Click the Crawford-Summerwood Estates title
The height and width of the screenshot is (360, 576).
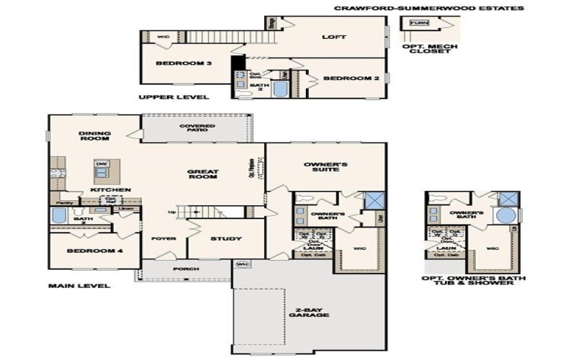[x=428, y=9]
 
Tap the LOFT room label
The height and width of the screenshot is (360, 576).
[x=333, y=37]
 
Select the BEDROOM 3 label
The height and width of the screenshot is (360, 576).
[x=184, y=63]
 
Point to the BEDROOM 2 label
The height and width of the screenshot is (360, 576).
[x=351, y=78]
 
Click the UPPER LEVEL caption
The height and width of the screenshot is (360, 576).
[x=174, y=96]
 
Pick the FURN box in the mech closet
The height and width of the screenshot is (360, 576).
[x=418, y=23]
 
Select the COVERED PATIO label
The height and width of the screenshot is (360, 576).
[x=197, y=129]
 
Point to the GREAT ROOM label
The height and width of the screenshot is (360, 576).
[x=203, y=175]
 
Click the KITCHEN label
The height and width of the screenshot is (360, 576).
[x=110, y=189]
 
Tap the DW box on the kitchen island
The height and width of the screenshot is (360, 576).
[x=102, y=163]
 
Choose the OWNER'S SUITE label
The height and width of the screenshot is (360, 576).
[x=325, y=168]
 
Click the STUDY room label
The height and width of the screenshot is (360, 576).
[x=225, y=238]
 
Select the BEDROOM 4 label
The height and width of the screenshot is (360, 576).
[x=90, y=251]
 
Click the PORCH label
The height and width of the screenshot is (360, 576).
[x=181, y=269]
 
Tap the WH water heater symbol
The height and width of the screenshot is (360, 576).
[x=242, y=264]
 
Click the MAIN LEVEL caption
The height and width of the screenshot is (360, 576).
[x=79, y=286]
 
